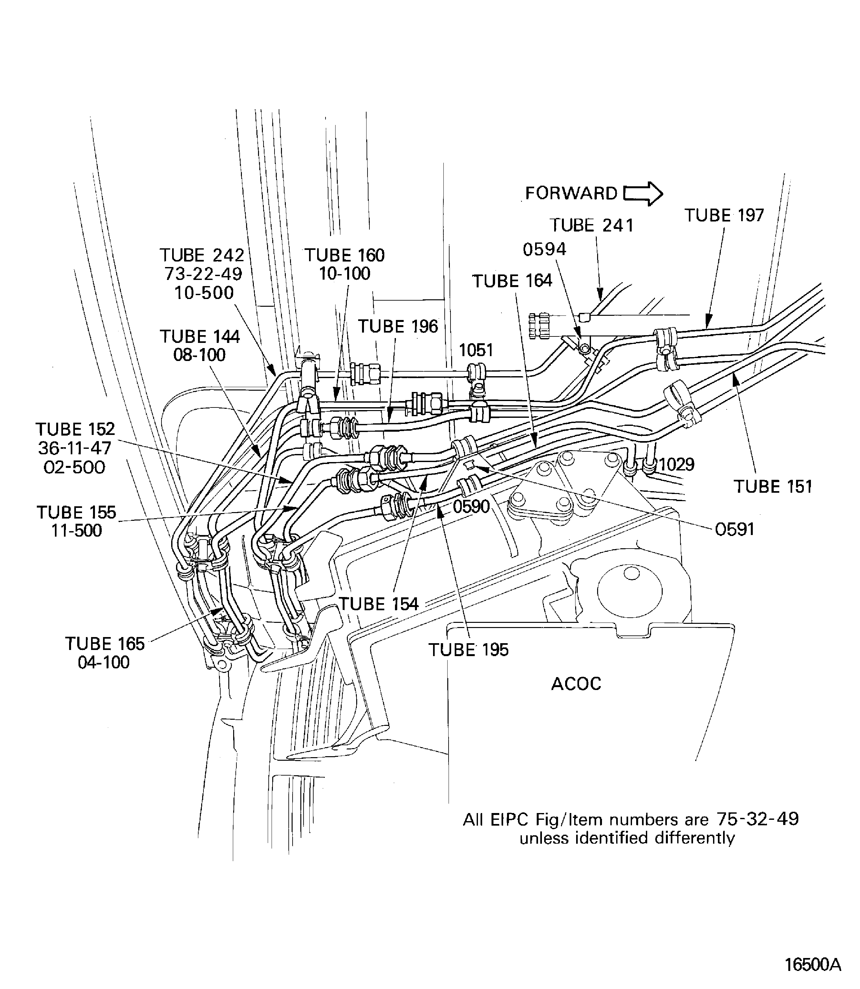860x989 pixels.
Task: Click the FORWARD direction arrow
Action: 643,194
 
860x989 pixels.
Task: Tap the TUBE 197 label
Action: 724,215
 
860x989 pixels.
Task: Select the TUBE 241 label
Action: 591,226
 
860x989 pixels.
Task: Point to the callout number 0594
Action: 544,250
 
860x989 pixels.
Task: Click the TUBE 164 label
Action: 512,281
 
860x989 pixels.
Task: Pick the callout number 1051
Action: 476,350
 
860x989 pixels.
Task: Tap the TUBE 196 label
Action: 398,327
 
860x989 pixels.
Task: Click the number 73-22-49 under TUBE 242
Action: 203,274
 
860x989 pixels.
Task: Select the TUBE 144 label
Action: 200,336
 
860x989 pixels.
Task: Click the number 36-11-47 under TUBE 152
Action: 75,448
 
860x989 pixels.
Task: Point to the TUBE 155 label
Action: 76,512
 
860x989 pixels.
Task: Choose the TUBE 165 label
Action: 105,644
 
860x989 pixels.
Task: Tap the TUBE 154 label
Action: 378,604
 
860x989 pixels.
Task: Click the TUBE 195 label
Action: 468,650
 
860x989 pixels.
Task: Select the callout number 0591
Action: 734,530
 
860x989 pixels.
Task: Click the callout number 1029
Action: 677,465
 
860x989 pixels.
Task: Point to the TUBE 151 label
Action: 772,487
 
